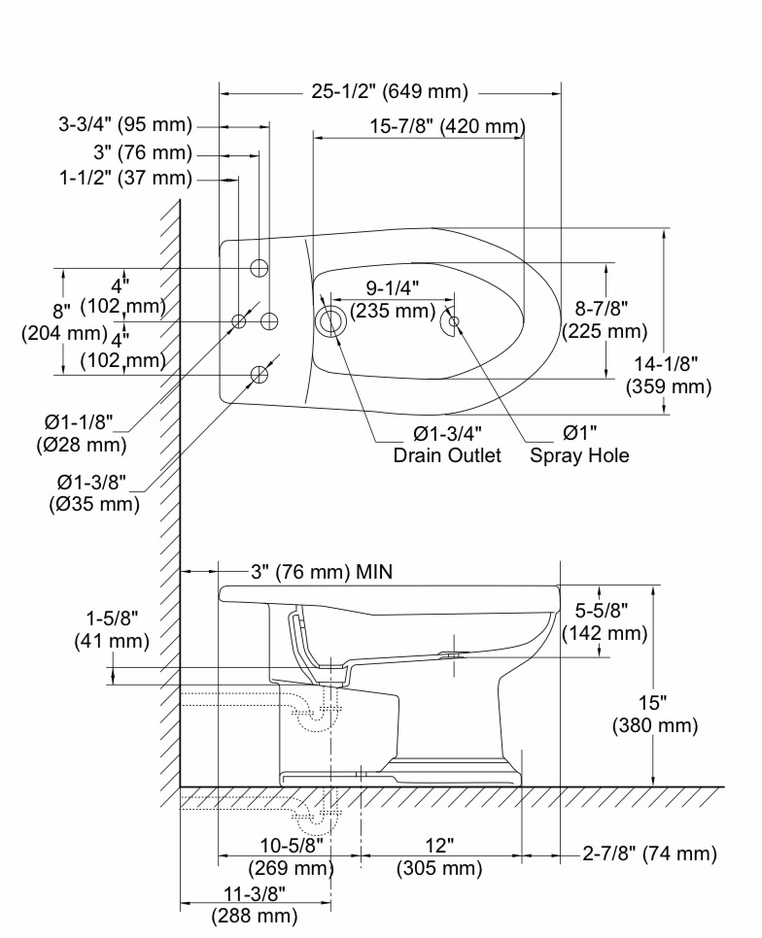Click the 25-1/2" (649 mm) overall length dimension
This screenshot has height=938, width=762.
coord(390,91)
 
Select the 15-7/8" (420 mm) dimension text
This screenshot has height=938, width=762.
coord(447,126)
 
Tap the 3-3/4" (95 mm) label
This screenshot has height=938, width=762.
coord(125,124)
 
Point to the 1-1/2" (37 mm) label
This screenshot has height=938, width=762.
coord(125,179)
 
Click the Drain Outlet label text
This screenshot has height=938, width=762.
coord(447,455)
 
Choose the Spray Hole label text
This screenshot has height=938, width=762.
coord(579,455)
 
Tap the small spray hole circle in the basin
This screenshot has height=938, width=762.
coord(454,321)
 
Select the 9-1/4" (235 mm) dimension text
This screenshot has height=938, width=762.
coord(393,299)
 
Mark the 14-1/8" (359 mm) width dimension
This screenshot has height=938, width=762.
coord(669,375)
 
